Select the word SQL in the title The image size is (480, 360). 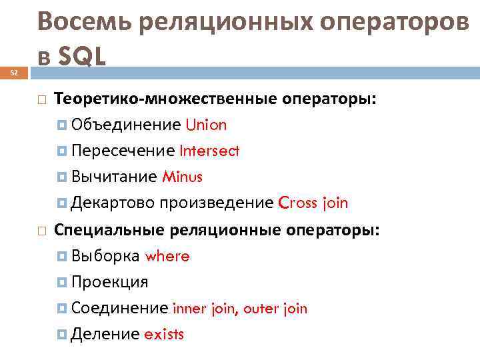coord(82,57)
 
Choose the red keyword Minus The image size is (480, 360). coord(181,177)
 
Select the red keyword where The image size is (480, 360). coord(167,256)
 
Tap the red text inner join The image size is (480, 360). coord(205,309)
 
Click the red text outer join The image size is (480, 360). coord(275,309)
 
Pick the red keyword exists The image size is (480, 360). coord(163,334)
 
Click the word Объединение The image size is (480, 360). coord(125,125)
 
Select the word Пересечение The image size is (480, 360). coord(122,151)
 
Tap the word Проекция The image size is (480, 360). coord(109,282)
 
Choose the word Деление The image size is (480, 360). coord(105,334)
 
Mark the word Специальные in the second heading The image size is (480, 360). coord(110,230)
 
